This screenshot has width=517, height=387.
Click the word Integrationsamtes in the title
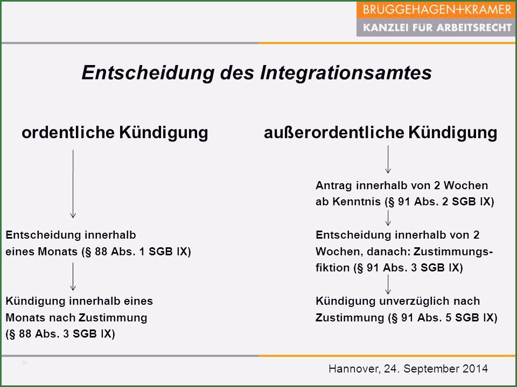(x=346, y=73)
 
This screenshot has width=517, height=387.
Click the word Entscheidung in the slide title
(x=148, y=73)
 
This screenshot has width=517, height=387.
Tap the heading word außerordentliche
(x=334, y=133)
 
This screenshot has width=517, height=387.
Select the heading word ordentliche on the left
(x=68, y=133)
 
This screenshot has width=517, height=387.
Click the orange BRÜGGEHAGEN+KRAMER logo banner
(x=436, y=10)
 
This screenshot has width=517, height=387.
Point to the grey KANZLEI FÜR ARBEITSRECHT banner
(x=436, y=27)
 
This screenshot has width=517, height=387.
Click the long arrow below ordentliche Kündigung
(x=73, y=184)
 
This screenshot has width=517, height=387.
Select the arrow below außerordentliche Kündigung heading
(x=388, y=160)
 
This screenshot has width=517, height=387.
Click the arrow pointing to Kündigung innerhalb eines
(x=73, y=276)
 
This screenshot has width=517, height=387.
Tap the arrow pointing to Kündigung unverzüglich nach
(x=388, y=284)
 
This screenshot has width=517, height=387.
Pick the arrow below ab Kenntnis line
(x=388, y=218)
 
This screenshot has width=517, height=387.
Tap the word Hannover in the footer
(x=354, y=369)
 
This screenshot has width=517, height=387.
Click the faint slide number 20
(x=24, y=363)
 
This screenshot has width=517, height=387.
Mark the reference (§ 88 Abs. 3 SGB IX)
(x=60, y=334)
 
